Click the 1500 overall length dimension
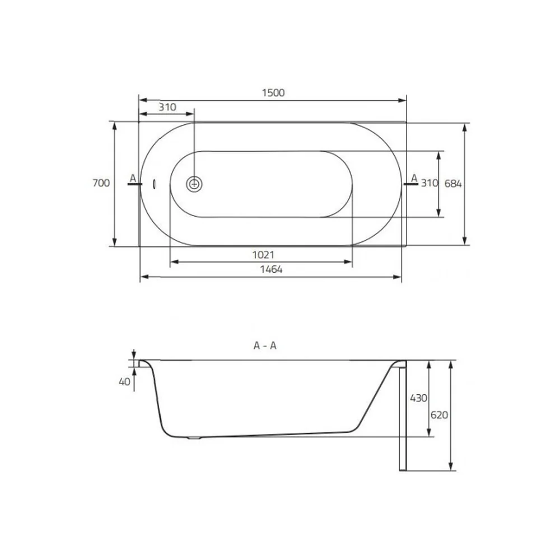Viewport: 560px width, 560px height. [x=273, y=93]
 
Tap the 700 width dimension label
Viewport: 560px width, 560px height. [x=101, y=183]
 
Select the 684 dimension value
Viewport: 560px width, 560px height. [x=453, y=184]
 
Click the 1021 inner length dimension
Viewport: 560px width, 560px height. [x=263, y=255]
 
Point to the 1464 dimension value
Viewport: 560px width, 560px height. [x=271, y=269]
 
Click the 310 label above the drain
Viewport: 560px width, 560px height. [x=167, y=107]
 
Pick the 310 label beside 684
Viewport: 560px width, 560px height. [x=430, y=183]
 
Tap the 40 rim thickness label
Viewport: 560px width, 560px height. [x=124, y=382]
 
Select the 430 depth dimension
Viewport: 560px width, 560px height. [x=418, y=398]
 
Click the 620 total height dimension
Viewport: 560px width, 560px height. [x=439, y=415]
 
